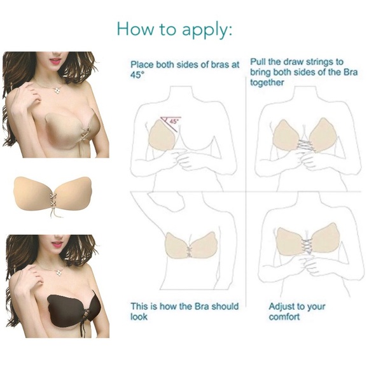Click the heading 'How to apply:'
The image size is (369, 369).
coord(175,30)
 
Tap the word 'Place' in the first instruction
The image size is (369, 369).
coord(142,64)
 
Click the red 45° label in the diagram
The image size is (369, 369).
coord(173,119)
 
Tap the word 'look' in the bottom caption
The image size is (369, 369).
coord(139,316)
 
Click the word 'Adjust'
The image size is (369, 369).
coord(283,306)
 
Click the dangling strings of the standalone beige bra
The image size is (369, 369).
coord(53,214)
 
